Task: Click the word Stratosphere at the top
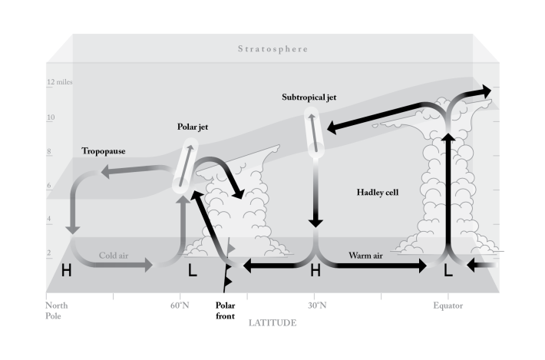[272, 49]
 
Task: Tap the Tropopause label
[104, 151]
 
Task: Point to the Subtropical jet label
[309, 97]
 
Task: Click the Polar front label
[226, 309]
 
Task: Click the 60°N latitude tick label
[180, 305]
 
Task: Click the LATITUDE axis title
[272, 323]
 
